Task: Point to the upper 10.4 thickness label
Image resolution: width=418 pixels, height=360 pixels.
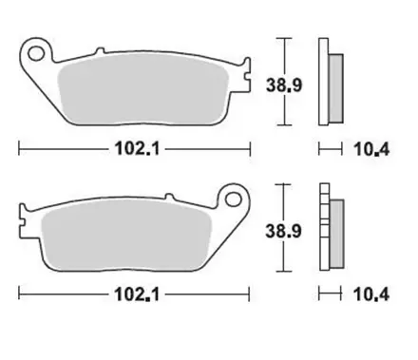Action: (361, 149)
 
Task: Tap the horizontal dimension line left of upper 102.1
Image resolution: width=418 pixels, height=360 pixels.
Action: (57, 149)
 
